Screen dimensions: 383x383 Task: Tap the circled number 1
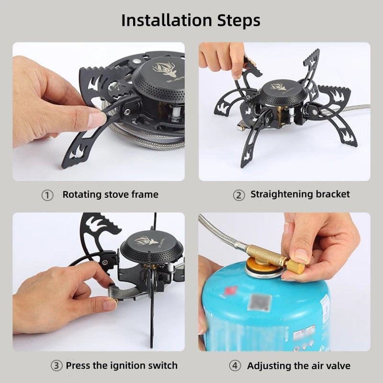47,195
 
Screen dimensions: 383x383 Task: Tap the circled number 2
238,195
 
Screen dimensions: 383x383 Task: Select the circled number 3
56,366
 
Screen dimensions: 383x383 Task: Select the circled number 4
235,366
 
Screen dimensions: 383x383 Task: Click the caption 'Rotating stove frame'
110,195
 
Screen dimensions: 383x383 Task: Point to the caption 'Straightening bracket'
300,194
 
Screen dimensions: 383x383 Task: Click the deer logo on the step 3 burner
146,240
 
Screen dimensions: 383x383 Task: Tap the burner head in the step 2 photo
282,91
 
